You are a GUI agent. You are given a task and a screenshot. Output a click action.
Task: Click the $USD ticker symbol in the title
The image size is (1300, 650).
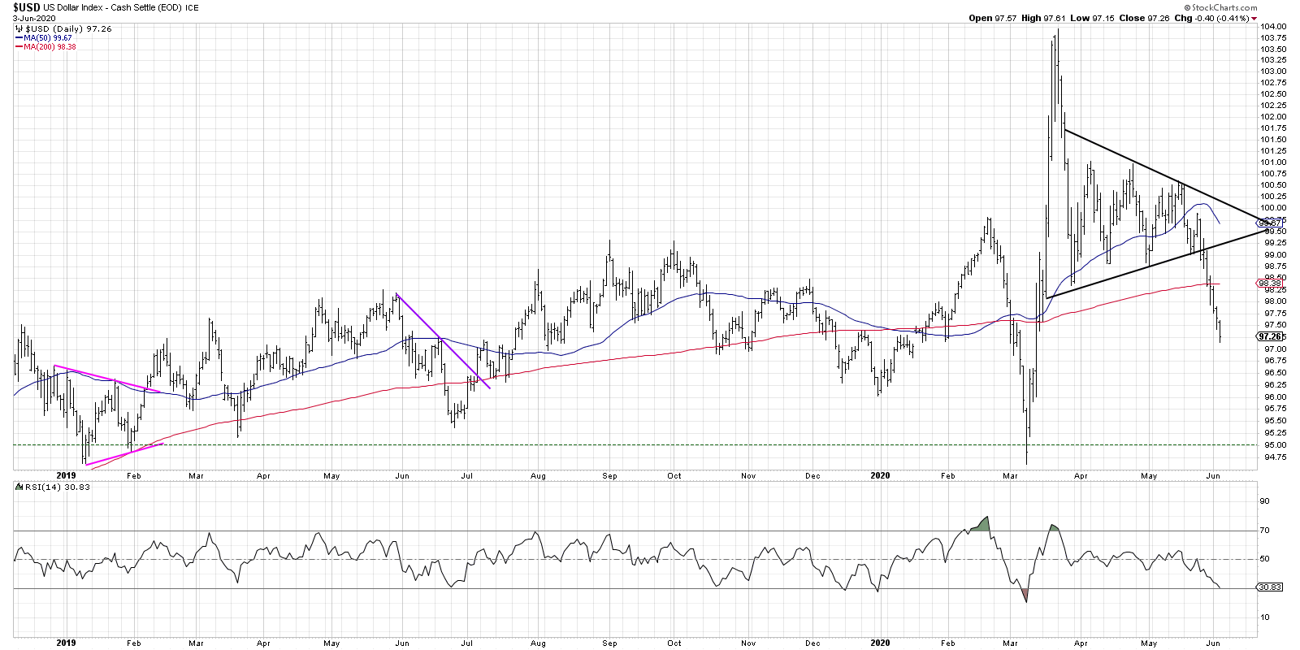point(26,7)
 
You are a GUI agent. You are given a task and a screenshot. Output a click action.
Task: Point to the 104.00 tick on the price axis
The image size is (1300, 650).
point(1273,26)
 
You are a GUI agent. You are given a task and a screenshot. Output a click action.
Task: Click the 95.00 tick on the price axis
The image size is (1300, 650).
point(1272,445)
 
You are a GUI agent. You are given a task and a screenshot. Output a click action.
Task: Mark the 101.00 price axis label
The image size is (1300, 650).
point(1273,162)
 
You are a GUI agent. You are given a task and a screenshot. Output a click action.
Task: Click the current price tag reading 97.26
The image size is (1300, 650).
point(1269,336)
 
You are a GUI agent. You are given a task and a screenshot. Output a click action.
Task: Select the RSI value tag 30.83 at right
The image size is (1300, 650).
point(1269,587)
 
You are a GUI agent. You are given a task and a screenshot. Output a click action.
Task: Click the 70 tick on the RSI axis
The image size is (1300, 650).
point(1264,531)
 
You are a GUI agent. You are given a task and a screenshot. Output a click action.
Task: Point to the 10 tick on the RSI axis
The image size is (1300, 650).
point(1264,617)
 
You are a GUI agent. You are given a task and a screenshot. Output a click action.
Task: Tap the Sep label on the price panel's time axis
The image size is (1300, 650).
point(609,476)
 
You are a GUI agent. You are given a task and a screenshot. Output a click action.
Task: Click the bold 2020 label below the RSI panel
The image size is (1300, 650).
point(880,643)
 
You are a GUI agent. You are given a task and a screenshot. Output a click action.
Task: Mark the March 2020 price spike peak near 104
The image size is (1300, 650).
point(1057,31)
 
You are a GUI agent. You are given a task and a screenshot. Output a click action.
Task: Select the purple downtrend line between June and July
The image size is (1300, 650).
point(443,341)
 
